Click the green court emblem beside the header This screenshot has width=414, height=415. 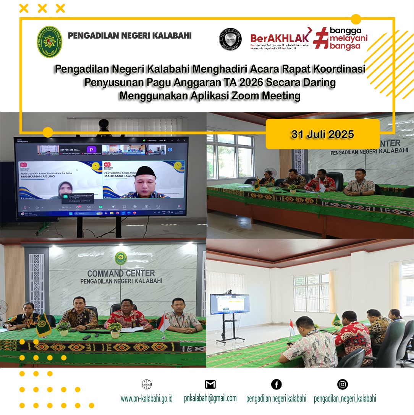tap(50, 42)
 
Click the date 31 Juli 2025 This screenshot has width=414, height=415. tap(323, 135)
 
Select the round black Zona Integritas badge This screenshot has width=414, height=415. tap(230, 40)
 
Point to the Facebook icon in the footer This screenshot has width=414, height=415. tap(276, 384)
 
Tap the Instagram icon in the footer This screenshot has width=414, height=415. tap(343, 384)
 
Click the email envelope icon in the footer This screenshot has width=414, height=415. tap(210, 384)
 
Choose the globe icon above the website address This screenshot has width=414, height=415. tap(147, 384)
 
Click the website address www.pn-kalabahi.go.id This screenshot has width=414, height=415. tap(147, 399)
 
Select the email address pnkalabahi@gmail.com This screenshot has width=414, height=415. tap(210, 398)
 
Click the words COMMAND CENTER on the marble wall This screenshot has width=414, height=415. tap(121, 273)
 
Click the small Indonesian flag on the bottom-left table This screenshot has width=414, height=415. tap(164, 323)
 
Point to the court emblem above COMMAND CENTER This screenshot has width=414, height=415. tap(121, 258)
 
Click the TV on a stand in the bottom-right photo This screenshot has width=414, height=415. tap(230, 304)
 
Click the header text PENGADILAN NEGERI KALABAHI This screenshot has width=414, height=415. tap(130, 36)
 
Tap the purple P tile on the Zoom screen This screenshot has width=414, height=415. tap(92, 149)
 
